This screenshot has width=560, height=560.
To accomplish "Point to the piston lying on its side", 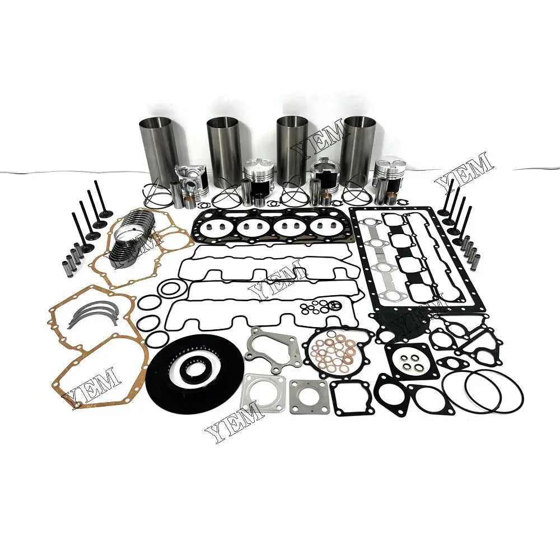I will (189, 179).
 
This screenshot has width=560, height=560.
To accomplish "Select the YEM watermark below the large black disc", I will (234, 423).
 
